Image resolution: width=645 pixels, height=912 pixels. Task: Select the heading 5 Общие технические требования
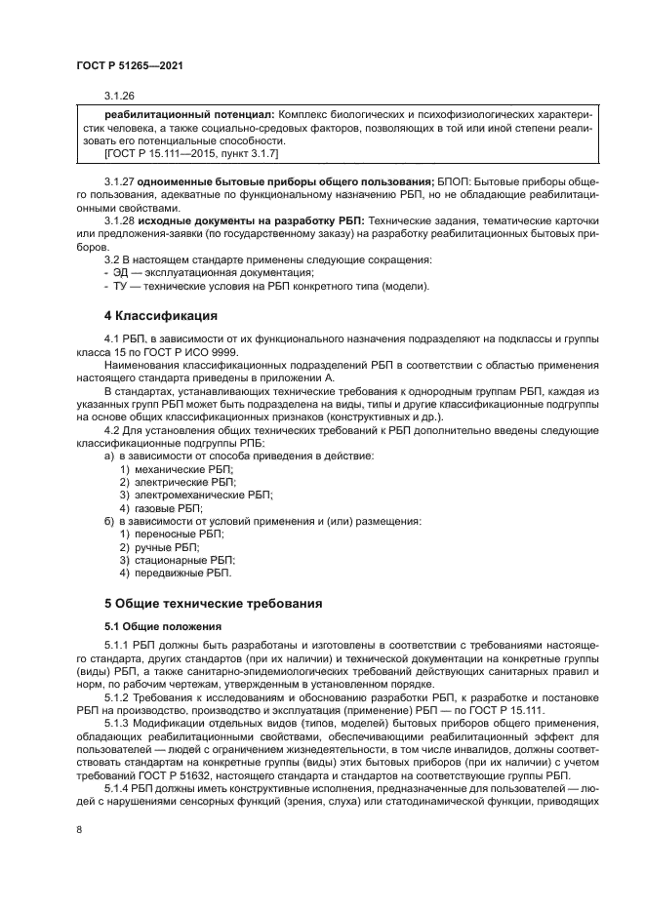[x=213, y=602]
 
